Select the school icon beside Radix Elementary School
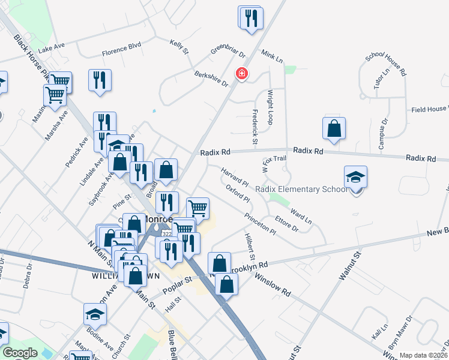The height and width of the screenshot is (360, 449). (x=355, y=177)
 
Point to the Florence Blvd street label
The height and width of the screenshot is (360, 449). (x=121, y=45)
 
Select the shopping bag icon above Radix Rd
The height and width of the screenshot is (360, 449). (x=334, y=128)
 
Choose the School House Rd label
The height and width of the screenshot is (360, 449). (x=386, y=63)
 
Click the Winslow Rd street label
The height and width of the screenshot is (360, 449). (x=273, y=285)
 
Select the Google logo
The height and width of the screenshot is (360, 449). (x=20, y=353)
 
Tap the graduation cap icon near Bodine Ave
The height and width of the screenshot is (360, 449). (x=95, y=314)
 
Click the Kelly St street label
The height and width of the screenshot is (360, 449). (x=179, y=47)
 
